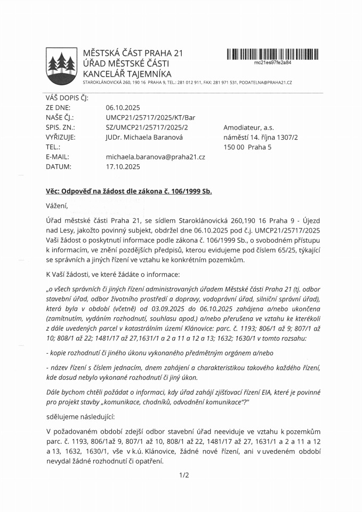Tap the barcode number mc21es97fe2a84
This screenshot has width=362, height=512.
(x=273, y=62)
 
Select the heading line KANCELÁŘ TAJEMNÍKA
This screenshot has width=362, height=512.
(x=127, y=74)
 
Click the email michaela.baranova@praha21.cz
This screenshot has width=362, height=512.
(x=156, y=157)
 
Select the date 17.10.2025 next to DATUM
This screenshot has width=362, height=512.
(x=123, y=166)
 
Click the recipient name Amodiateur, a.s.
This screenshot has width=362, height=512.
(x=248, y=127)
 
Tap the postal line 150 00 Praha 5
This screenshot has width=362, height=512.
(x=247, y=147)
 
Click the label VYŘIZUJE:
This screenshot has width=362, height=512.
(x=61, y=137)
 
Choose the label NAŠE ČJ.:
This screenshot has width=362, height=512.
(x=60, y=117)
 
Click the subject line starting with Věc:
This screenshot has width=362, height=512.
(x=128, y=191)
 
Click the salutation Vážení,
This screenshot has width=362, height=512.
(x=58, y=205)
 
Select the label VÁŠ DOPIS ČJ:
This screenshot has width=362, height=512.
(x=67, y=98)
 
